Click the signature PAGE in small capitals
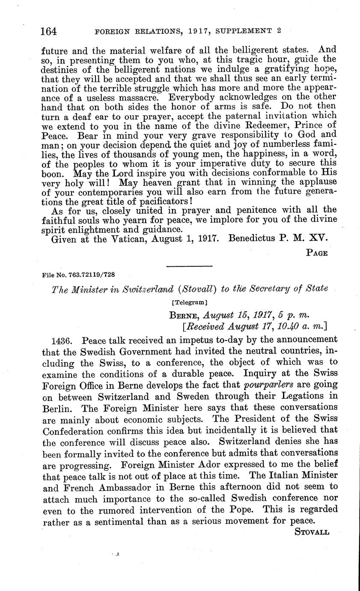click(317, 253)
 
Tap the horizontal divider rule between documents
click(189, 266)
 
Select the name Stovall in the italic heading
click(195, 289)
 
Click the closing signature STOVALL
click(312, 532)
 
